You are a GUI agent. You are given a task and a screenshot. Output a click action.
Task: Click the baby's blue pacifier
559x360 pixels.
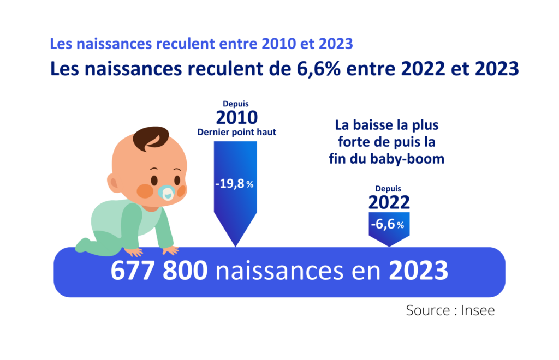(x=166, y=192)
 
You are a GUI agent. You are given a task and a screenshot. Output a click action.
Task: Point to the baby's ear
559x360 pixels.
(x=112, y=183)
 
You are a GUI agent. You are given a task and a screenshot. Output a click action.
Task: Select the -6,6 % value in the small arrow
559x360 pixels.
(x=389, y=225)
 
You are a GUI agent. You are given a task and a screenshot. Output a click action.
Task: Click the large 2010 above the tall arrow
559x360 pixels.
(x=236, y=118)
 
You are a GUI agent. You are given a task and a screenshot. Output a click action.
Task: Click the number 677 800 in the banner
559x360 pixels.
(x=159, y=271)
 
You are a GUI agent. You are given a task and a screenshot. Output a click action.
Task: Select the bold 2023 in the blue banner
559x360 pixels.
(x=418, y=271)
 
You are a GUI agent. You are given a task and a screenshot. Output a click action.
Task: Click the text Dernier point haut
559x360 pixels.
(x=236, y=132)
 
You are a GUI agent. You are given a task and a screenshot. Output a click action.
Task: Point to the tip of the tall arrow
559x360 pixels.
(x=235, y=245)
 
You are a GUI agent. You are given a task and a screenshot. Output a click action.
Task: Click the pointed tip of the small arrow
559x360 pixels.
(x=389, y=245)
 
